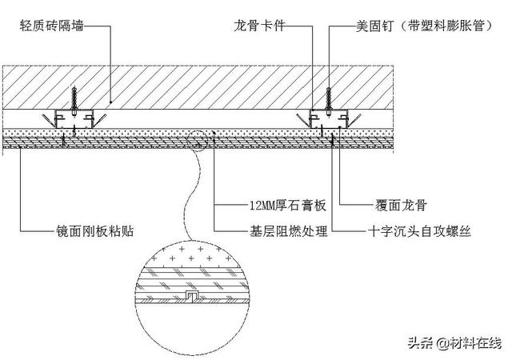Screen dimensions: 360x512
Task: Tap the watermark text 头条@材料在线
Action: coord(453,343)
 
